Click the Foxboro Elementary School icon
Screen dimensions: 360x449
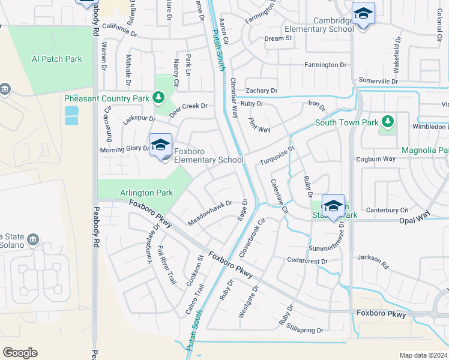(160, 145)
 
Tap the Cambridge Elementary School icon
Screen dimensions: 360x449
(363, 13)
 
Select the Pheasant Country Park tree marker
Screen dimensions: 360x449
(158, 97)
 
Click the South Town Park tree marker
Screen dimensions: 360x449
(387, 122)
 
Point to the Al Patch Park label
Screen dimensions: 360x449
(56, 59)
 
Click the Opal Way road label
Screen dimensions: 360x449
(415, 220)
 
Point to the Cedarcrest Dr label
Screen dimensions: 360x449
(307, 262)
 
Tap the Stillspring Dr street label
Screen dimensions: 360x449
(305, 330)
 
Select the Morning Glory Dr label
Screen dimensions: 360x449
(124, 149)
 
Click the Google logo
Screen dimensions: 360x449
(20, 353)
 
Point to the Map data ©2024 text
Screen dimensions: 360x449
(423, 355)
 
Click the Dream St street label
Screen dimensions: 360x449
(278, 38)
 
